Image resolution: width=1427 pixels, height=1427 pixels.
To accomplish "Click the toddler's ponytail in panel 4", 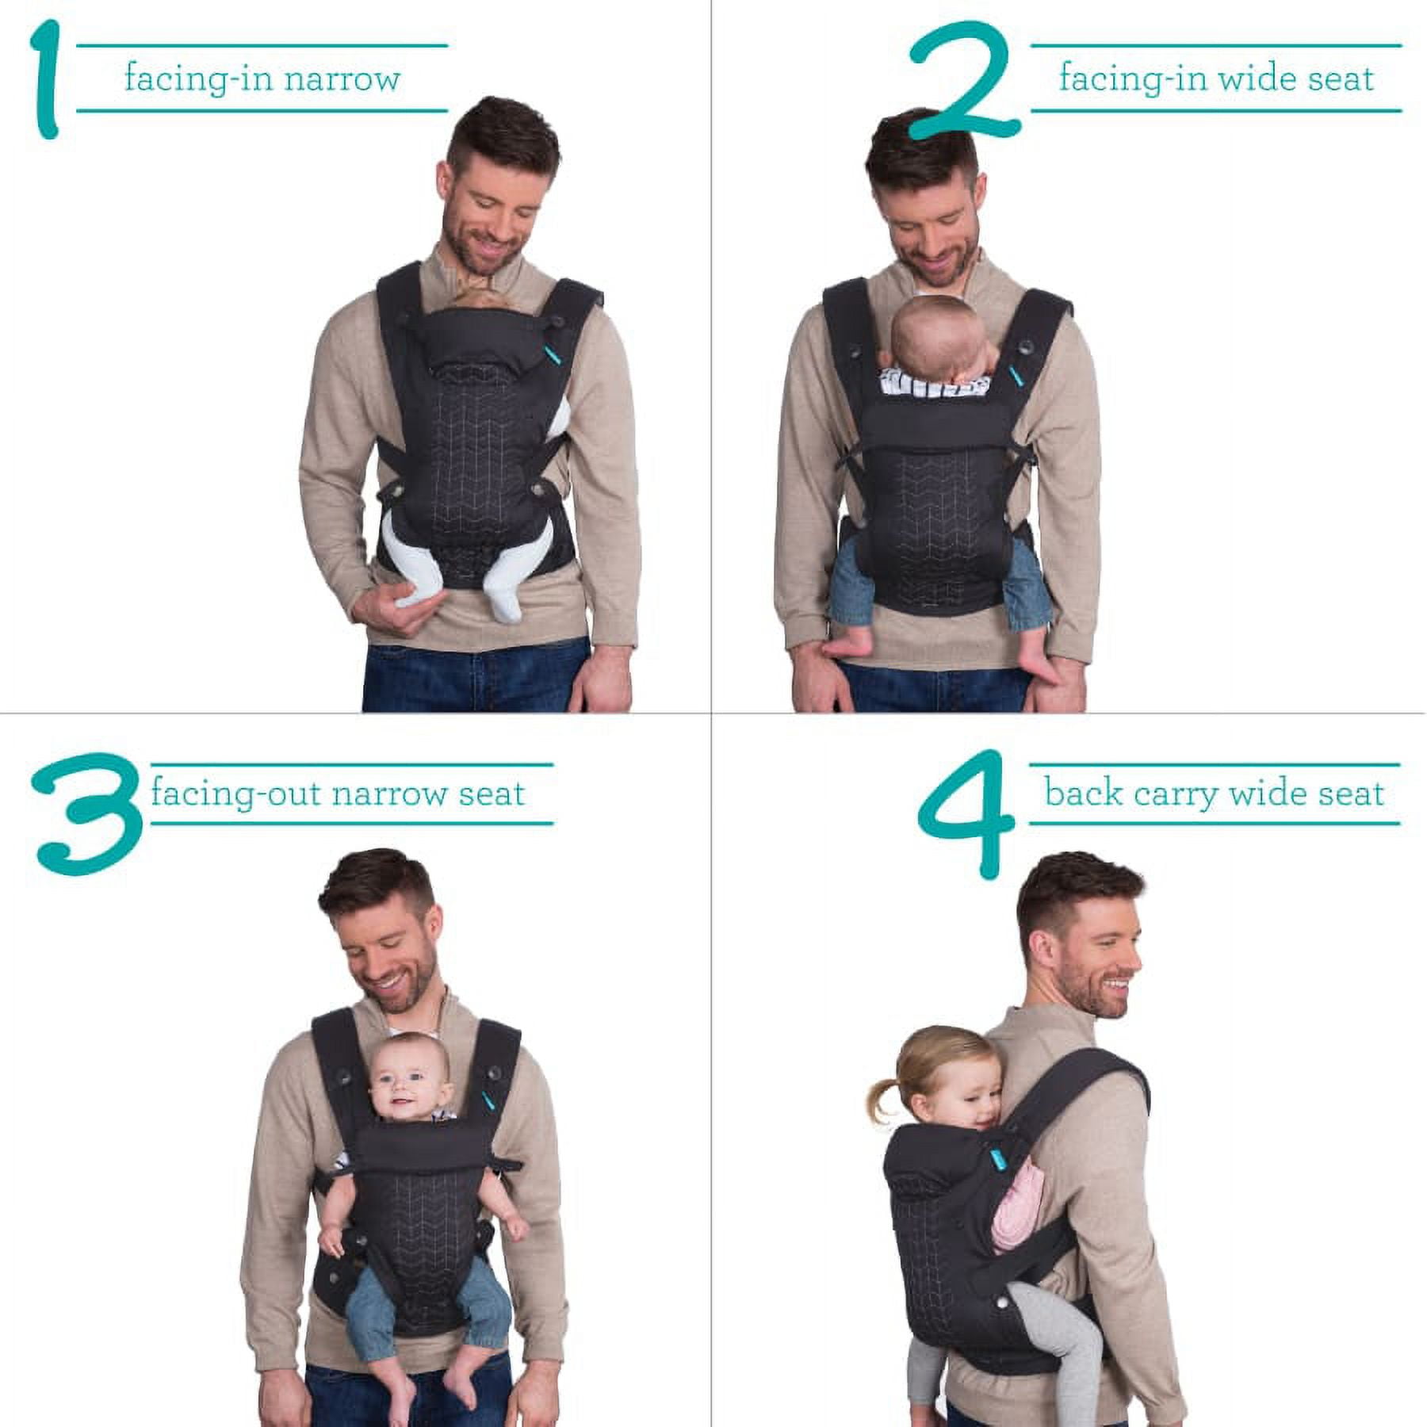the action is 883,1096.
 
